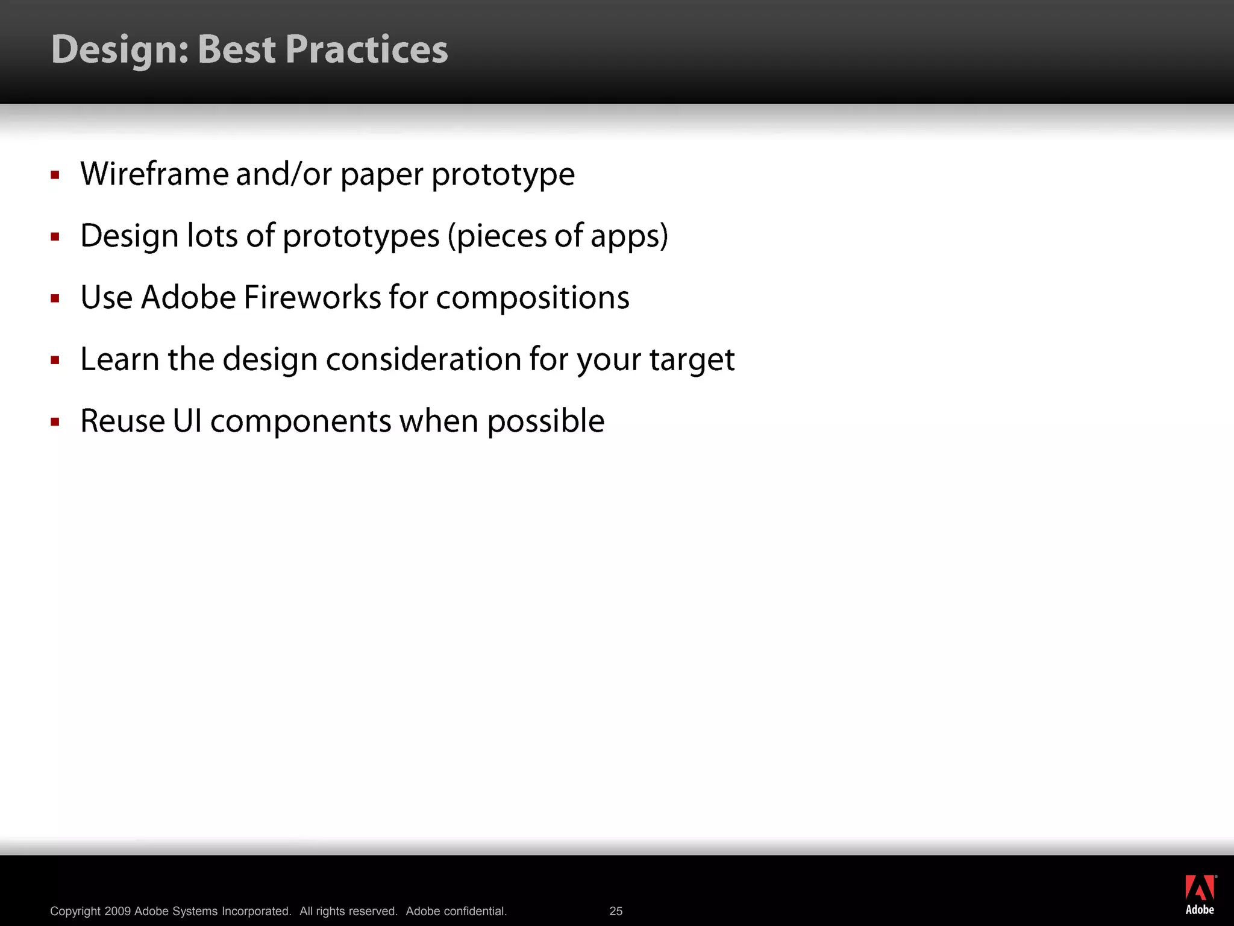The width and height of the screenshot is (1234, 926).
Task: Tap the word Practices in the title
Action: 366,49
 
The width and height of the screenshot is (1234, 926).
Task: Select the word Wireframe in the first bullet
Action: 155,174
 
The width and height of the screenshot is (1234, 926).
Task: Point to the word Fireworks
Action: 312,297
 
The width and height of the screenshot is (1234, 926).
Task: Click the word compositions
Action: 532,298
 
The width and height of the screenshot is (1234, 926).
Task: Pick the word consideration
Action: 424,359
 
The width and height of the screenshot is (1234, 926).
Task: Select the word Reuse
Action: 122,421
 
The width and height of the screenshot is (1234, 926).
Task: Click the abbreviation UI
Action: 187,421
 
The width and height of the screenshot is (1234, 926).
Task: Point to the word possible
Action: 545,421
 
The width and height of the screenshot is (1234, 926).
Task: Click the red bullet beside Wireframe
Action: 55,175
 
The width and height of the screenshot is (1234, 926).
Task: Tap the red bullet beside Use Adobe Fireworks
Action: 55,298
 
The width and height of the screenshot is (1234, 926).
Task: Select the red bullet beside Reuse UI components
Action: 55,422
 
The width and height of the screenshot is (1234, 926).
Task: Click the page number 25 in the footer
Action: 616,911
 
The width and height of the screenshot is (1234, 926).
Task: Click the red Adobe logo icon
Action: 1200,887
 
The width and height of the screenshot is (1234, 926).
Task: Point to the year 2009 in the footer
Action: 117,911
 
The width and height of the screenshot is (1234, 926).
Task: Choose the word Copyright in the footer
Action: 75,911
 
